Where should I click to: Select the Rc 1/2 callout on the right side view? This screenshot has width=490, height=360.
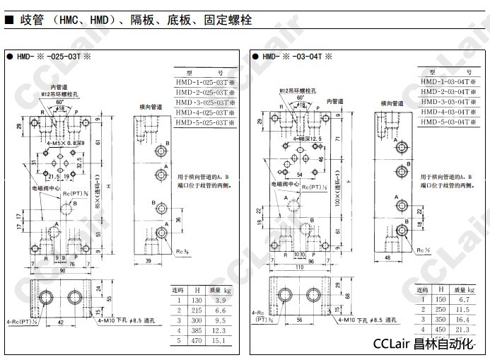[x=423, y=250]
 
